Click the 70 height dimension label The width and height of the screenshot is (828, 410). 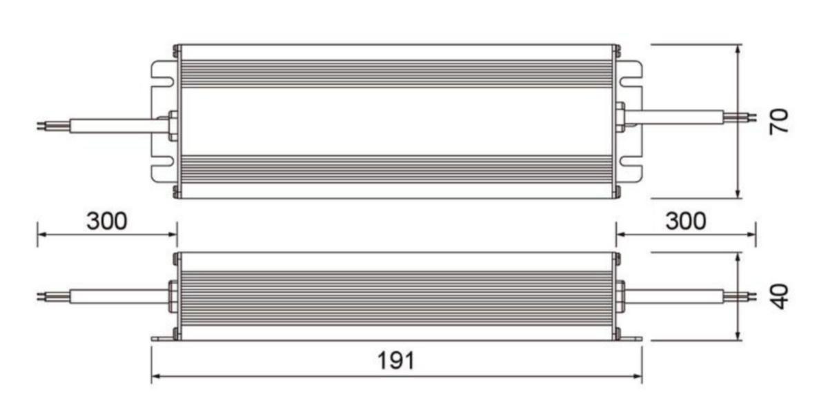779,121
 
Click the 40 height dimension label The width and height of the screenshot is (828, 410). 779,297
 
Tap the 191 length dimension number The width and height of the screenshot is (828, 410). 396,361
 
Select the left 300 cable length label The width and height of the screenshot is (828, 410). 107,221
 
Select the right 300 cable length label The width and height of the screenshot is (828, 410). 686,221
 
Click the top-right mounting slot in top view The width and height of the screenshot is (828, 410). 630,81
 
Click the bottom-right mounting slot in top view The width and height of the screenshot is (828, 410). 630,162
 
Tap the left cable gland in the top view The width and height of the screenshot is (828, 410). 172,126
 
